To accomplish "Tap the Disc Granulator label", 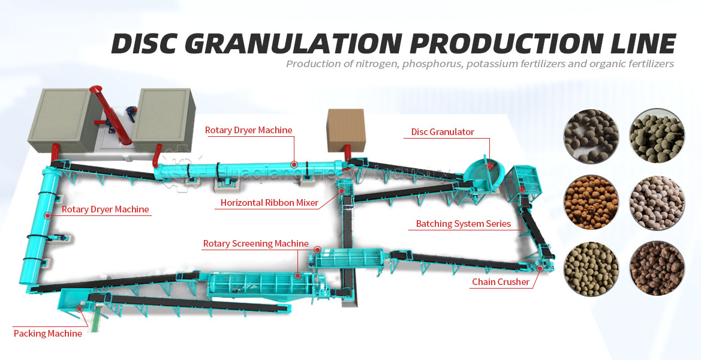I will click(443, 132).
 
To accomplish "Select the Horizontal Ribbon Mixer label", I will click(269, 203).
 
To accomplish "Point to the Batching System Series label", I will click(463, 224).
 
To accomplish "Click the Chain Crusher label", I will click(500, 282).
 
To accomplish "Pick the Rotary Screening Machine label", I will click(255, 244).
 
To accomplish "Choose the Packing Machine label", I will click(47, 334).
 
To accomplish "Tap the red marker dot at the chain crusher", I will click(539, 269).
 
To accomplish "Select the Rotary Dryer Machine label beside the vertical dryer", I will click(105, 209).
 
